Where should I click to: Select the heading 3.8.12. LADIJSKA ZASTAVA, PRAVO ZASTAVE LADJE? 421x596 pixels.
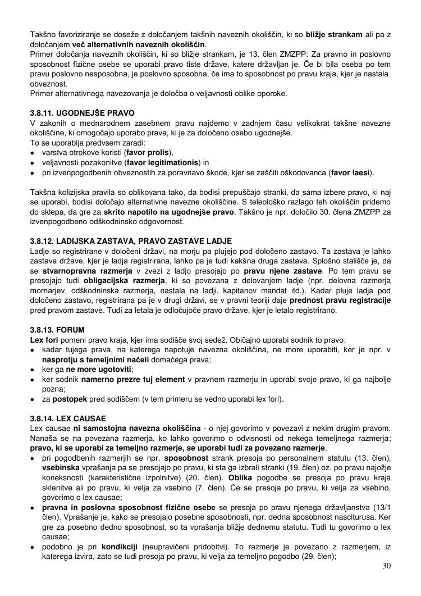tap(131, 241)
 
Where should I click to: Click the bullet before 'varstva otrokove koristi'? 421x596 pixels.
tap(34, 153)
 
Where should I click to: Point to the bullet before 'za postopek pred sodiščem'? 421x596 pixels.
tap(34, 399)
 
